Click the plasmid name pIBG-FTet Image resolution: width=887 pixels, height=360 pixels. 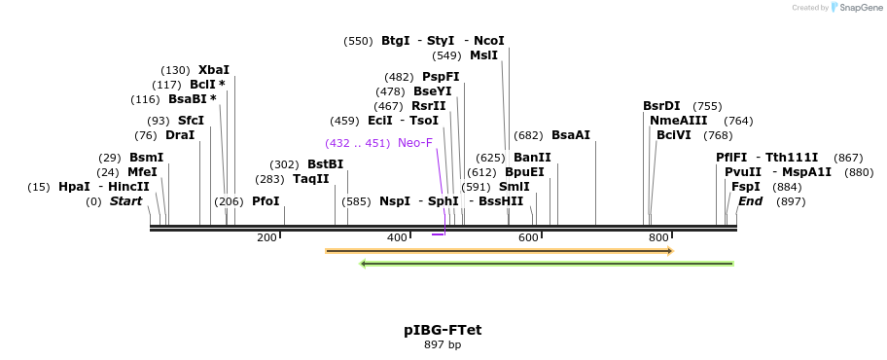click(443, 330)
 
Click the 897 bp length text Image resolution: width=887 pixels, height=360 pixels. click(443, 345)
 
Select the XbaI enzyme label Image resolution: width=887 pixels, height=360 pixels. click(214, 70)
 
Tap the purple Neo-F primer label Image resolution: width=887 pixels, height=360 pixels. click(415, 143)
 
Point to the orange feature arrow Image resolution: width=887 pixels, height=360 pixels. click(499, 251)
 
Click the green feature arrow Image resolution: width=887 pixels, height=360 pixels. click(547, 263)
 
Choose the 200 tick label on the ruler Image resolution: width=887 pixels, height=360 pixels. click(266, 237)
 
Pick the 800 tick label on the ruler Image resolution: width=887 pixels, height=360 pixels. click(658, 237)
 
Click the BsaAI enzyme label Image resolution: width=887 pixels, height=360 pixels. click(571, 135)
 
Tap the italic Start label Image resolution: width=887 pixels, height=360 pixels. click(125, 201)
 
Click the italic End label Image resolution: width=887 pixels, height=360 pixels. click(750, 201)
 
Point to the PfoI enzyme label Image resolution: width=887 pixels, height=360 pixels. click(266, 201)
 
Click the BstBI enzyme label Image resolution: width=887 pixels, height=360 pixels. click(325, 164)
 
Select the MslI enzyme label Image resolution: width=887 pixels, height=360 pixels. click(483, 55)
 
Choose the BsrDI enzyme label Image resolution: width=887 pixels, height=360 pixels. click(661, 106)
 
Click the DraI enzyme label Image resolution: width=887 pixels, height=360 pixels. click(180, 135)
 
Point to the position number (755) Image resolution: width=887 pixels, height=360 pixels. click(707, 106)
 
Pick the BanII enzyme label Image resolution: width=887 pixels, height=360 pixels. click(532, 158)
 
